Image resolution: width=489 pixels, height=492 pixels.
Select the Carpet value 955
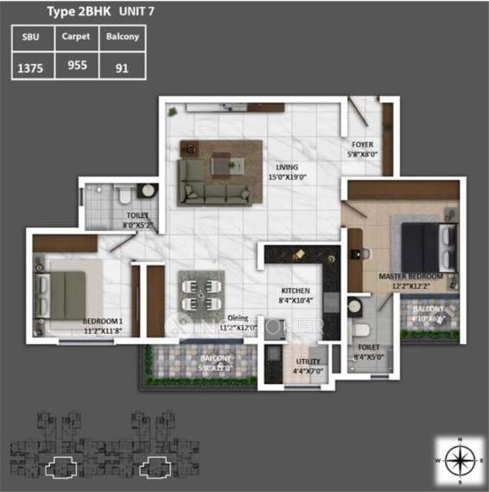pos(77,65)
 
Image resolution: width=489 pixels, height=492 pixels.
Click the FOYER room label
pos(362,144)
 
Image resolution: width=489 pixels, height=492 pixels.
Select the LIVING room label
pos(286,167)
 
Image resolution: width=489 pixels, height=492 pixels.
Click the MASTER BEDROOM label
pos(410,277)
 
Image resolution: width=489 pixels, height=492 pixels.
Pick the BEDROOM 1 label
pos(102,319)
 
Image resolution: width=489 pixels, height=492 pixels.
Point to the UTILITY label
pos(308,361)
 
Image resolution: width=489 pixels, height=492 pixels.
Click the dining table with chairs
pos(200,294)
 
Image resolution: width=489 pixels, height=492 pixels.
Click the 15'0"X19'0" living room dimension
pos(287,177)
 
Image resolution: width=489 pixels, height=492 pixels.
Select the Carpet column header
pos(77,37)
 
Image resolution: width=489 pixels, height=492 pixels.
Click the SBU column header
pos(32,37)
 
